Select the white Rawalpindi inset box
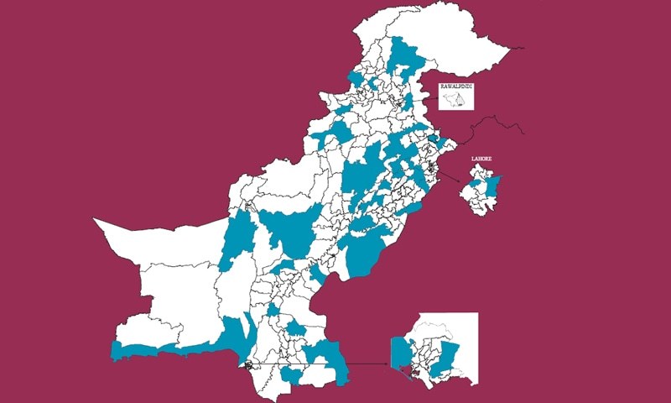(x=456, y=98)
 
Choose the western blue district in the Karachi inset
(x=399, y=351)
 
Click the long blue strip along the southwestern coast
(x=168, y=348)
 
